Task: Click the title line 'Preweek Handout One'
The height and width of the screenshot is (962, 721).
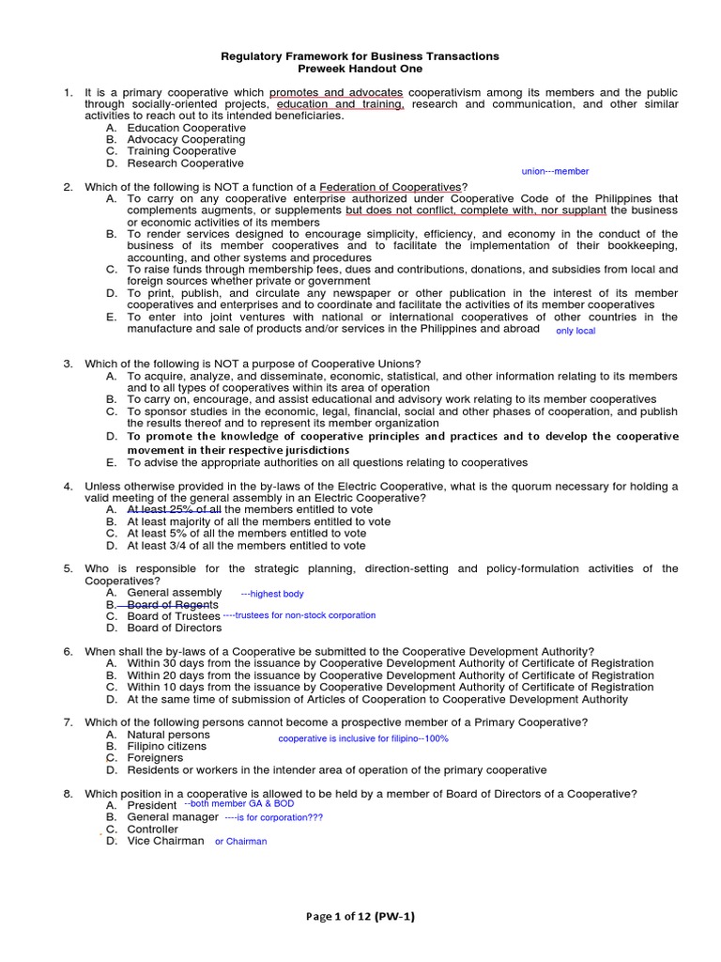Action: pos(360,69)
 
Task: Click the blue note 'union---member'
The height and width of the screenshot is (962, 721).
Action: pos(555,171)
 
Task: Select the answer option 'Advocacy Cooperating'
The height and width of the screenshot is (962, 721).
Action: pos(186,139)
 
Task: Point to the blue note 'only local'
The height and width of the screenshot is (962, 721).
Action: pos(575,331)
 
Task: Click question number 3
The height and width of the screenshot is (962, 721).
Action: pos(68,364)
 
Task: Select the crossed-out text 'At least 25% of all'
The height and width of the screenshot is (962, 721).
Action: pos(174,509)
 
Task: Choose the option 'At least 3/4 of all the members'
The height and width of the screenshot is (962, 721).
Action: pos(246,545)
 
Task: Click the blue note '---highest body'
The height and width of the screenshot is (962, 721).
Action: pos(272,594)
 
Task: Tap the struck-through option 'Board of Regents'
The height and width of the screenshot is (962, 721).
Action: pos(173,605)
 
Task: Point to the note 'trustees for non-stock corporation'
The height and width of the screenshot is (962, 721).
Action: pos(299,615)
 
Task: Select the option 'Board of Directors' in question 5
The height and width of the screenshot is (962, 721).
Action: pos(176,628)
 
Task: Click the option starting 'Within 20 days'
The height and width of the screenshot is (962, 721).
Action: pos(390,675)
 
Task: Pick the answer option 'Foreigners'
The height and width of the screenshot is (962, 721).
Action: pos(155,758)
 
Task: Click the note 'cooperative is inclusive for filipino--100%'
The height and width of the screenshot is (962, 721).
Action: pos(363,738)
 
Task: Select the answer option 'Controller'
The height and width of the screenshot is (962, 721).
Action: pos(152,830)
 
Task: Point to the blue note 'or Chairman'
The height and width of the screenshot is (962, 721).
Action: pos(240,841)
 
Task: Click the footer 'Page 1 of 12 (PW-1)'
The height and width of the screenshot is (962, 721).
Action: pos(360,917)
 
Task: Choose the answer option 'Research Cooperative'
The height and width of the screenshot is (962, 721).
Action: pos(185,163)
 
